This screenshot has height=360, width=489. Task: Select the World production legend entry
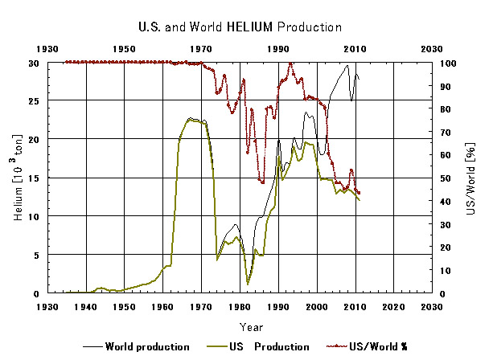(136, 346)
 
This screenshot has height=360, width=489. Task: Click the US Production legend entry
(257, 346)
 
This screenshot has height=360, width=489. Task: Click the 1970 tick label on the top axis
(201, 50)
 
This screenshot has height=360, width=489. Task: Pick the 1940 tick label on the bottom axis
(85, 307)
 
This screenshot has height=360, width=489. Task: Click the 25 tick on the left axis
(33, 100)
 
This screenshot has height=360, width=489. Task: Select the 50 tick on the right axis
(445, 178)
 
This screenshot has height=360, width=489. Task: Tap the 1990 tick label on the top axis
(278, 50)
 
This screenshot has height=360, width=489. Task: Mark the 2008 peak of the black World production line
(347, 65)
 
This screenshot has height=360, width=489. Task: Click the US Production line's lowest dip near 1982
(248, 284)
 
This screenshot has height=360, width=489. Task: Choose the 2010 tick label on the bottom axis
(355, 307)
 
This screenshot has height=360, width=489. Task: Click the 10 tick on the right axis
(445, 270)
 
